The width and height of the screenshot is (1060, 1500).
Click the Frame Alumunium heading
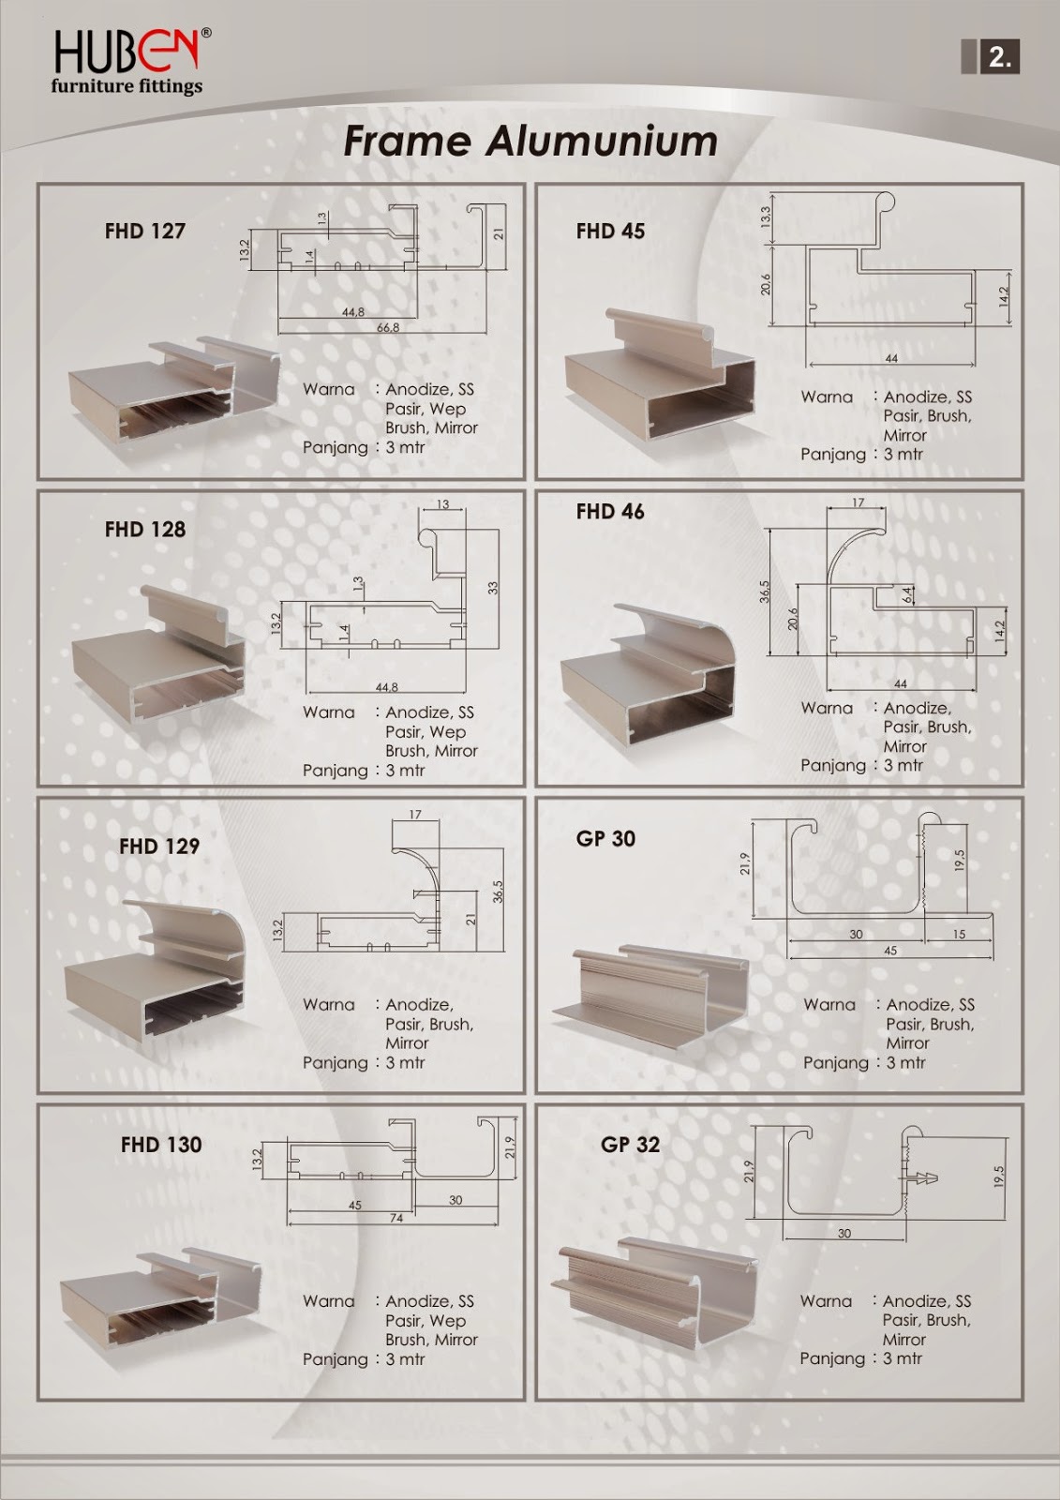[x=530, y=142]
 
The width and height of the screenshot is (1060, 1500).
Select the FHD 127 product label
[x=145, y=231]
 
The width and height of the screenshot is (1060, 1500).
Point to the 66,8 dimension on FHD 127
[x=388, y=328]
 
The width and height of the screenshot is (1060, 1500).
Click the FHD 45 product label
[x=610, y=231]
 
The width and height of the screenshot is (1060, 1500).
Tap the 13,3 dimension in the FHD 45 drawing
[x=766, y=218]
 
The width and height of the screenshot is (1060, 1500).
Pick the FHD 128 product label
[x=145, y=529]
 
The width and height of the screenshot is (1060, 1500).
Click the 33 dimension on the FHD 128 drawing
[x=493, y=588]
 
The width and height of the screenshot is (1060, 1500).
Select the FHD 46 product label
[x=610, y=511]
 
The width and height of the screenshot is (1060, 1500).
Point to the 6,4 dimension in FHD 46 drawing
[x=907, y=594]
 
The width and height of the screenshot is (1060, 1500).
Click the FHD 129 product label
[x=159, y=846]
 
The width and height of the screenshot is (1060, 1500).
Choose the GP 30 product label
[x=605, y=838]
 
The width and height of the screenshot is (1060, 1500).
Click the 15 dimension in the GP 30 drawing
[x=958, y=935]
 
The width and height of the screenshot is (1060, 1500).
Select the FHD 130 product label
[x=161, y=1144]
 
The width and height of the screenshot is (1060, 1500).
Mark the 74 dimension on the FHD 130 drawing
[x=396, y=1218]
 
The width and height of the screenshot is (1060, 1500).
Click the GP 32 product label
[x=630, y=1144]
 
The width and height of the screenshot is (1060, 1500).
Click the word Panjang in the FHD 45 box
[x=833, y=454]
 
